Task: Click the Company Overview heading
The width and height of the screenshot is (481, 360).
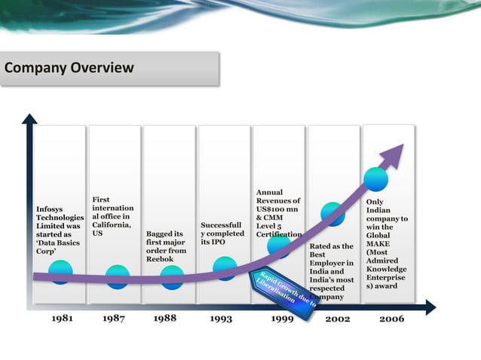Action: click(69, 69)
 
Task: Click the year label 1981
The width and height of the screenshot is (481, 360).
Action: click(62, 319)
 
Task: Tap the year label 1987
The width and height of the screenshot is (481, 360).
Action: click(113, 319)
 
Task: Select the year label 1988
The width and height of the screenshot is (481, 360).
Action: click(164, 319)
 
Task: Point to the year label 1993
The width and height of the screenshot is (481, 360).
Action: click(221, 319)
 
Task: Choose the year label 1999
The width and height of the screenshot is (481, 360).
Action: click(281, 319)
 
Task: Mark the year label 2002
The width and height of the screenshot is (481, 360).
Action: click(337, 319)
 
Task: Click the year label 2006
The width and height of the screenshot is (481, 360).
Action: click(391, 319)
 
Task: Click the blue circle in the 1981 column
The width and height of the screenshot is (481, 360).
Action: click(60, 272)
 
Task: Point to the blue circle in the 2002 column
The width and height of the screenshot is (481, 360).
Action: click(332, 214)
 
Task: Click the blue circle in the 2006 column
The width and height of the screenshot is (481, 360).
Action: click(375, 179)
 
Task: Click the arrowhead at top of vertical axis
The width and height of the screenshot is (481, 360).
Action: click(29, 119)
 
